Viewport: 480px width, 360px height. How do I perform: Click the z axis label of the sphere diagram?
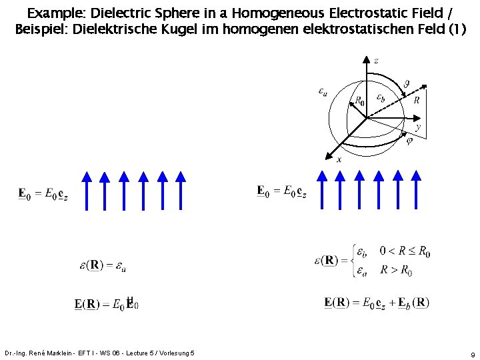[376, 61]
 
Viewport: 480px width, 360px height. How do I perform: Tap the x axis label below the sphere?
[339, 159]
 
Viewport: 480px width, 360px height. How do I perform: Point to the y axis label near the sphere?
[417, 126]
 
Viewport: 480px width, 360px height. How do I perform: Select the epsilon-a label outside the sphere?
[323, 91]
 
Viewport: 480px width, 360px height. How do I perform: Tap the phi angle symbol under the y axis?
[409, 140]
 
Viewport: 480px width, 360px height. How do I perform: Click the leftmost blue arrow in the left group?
[86, 190]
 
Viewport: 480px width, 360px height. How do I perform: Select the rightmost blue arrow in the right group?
[417, 190]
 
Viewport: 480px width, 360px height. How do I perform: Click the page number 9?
[472, 355]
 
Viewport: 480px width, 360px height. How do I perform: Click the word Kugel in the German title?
[203, 29]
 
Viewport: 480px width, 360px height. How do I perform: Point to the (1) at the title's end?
[457, 29]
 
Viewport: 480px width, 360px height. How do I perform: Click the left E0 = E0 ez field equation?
[42, 194]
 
